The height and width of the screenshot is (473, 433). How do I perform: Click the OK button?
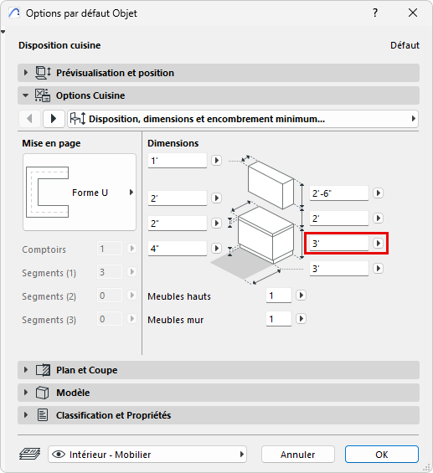[x=382, y=455]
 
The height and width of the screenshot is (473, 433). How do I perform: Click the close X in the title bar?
[x=413, y=13]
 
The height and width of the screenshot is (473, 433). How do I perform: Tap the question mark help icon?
[x=375, y=13]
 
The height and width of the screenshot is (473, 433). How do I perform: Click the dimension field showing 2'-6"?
[x=339, y=193]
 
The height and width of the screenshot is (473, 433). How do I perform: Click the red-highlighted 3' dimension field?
[x=339, y=243]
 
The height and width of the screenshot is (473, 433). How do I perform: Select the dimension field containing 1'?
[x=178, y=161]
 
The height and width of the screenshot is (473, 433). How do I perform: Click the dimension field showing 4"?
[x=178, y=249]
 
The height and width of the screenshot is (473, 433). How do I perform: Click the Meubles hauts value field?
[x=279, y=296]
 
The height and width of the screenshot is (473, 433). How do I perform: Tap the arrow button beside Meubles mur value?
[x=301, y=319]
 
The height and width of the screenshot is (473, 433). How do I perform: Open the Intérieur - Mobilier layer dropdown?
[x=147, y=455]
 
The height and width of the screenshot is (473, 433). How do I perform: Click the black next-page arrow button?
[x=54, y=119]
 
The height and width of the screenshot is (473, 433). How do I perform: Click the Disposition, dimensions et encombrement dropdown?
[x=243, y=119]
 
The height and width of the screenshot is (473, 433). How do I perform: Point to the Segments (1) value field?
[x=110, y=272]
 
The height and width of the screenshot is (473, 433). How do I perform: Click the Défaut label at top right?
[x=405, y=45]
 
